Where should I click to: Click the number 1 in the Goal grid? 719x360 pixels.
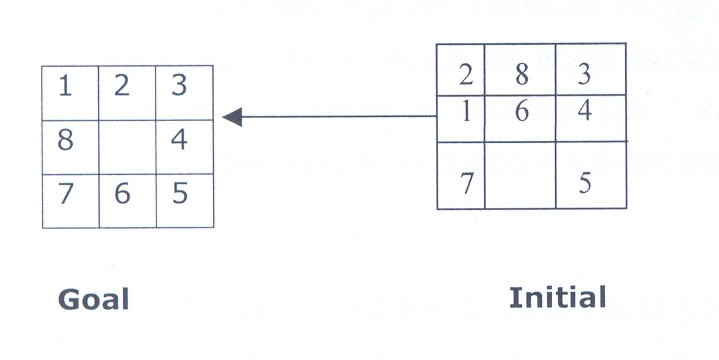(65, 87)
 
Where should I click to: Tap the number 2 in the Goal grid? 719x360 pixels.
(122, 87)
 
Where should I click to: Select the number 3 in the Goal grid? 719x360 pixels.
(179, 87)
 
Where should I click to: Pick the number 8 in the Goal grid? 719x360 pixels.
(65, 140)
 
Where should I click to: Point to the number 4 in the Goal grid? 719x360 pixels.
(179, 140)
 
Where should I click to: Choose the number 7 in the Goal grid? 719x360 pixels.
(65, 193)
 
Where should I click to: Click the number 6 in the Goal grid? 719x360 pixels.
(122, 193)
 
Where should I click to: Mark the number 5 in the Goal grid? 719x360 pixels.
(179, 193)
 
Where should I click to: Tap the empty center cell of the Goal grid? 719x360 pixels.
(127, 147)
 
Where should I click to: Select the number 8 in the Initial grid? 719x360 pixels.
(521, 74)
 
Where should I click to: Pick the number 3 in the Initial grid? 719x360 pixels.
(585, 74)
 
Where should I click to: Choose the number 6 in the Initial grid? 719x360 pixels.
(521, 111)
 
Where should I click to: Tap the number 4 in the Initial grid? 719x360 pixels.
(585, 110)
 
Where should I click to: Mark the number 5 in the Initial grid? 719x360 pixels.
(585, 184)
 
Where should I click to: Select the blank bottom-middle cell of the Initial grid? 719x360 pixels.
(520, 176)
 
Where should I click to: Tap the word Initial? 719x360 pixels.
(557, 297)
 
